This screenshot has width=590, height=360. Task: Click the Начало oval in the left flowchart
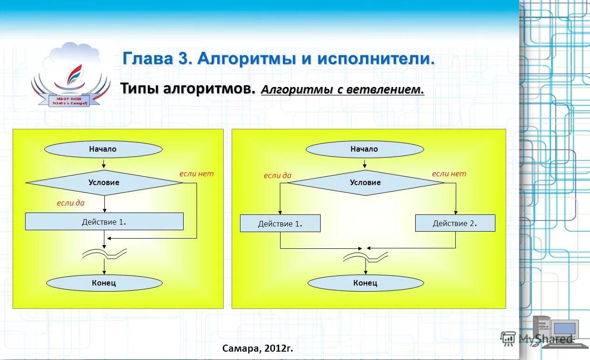coord(103,149)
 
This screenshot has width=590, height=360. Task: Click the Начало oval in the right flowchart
coord(364,149)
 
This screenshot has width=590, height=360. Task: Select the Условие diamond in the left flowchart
coord(104,183)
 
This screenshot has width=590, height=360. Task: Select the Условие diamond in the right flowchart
coord(365,183)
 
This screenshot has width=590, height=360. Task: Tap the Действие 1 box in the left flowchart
coord(104,222)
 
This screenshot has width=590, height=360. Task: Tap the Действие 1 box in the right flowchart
coord(280,224)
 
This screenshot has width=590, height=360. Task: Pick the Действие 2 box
coord(455,224)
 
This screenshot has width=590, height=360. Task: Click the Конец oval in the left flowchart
coord(104,283)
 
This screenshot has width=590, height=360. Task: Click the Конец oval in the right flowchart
coord(365,283)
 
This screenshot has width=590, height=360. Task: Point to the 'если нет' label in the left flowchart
coord(196,173)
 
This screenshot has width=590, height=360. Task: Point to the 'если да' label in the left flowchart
coord(70,203)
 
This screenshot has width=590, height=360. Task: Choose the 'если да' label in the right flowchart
coord(277,175)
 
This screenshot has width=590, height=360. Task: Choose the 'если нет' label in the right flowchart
coord(449,173)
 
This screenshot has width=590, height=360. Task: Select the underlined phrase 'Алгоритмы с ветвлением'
coord(343,89)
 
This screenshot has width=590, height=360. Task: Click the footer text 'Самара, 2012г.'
coord(258,348)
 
